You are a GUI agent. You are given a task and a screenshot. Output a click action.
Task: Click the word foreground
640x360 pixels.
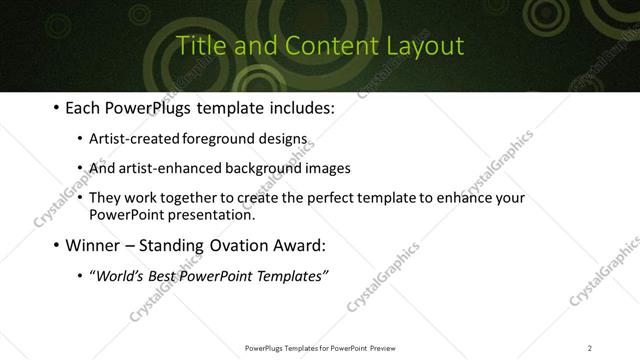(218, 139)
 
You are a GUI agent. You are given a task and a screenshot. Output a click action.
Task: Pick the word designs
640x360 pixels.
(284, 139)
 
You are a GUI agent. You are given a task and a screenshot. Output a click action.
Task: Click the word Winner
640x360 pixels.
(94, 245)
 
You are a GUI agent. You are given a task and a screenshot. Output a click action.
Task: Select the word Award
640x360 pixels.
(299, 245)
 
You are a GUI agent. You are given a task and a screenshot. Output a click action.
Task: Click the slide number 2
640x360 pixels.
(590, 348)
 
